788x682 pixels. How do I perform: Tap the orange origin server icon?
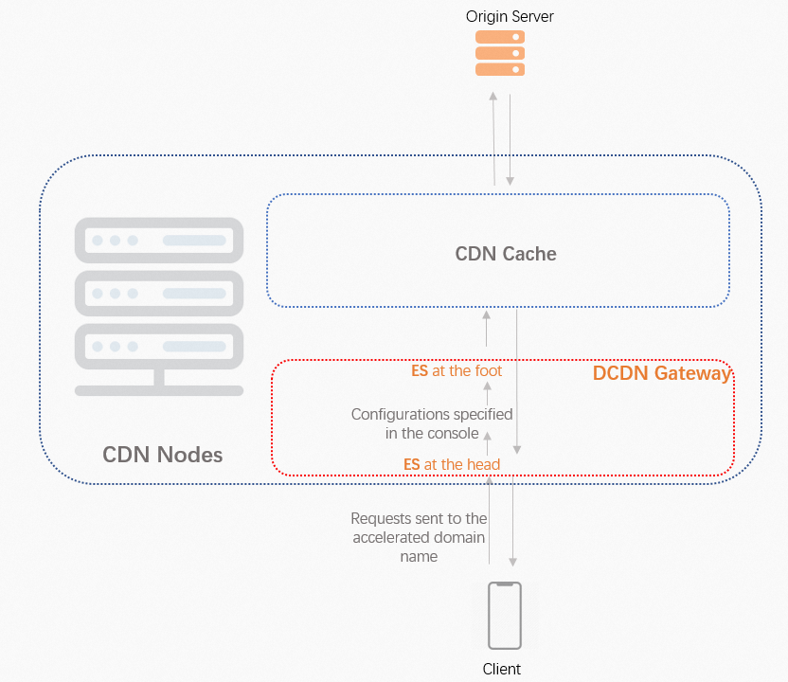(500, 53)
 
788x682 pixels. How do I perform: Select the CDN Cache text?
(506, 254)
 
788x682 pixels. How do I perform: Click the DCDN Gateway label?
(661, 373)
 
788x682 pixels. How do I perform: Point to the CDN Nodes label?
(162, 455)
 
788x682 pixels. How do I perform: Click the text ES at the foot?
(457, 371)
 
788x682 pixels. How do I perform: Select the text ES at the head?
(452, 464)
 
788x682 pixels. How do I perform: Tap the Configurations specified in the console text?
(432, 423)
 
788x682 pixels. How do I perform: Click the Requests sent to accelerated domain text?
(419, 537)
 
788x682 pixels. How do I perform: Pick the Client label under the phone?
(502, 669)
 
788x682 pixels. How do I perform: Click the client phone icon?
(504, 615)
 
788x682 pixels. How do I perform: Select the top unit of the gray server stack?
(159, 241)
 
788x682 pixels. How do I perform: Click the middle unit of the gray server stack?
(159, 294)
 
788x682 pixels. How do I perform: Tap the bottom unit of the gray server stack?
(159, 347)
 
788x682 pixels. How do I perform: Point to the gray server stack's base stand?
(159, 386)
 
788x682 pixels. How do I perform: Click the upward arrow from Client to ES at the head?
(490, 521)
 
